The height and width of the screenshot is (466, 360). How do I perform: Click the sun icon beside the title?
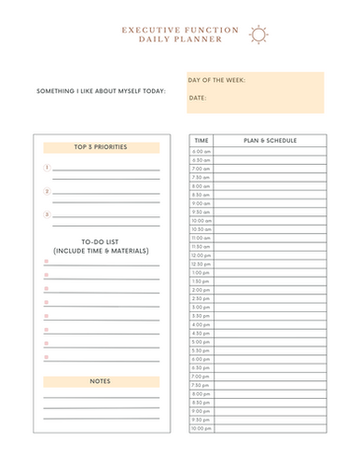click(258, 34)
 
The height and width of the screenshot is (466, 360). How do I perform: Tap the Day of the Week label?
click(216, 81)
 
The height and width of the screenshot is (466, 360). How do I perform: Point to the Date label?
click(198, 97)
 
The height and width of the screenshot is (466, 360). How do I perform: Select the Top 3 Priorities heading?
click(101, 147)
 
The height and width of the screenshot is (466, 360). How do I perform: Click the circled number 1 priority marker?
click(47, 169)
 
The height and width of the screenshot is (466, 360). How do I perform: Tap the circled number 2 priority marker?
click(47, 192)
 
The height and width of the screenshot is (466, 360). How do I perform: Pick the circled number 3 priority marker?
click(47, 214)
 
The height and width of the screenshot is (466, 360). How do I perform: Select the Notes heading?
click(101, 381)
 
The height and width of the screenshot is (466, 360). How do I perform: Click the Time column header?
click(201, 140)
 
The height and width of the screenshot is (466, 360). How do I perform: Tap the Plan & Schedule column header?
click(270, 140)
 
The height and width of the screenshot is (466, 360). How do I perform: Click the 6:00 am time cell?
click(201, 151)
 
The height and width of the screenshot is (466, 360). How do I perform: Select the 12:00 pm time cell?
click(201, 255)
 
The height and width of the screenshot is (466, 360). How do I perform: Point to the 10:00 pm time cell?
click(201, 429)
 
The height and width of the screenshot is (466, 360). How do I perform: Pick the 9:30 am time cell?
click(201, 212)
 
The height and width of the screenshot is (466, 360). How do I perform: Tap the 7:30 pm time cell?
click(201, 385)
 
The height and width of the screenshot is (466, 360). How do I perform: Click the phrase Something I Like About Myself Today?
click(101, 90)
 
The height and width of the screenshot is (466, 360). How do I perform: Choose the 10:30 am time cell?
click(201, 229)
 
